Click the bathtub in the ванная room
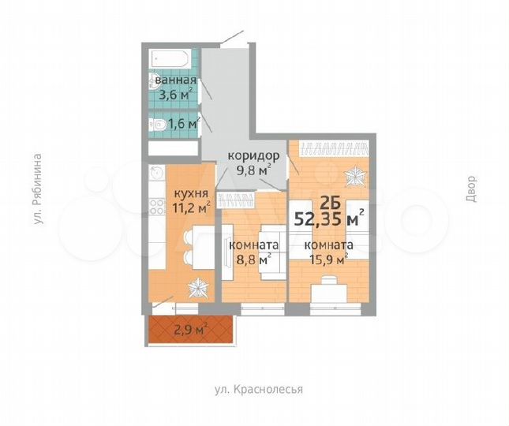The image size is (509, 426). pyautogui.click(x=168, y=59)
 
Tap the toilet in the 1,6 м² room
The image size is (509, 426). pyautogui.click(x=157, y=125)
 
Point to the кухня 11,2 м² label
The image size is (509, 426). pyautogui.click(x=191, y=200)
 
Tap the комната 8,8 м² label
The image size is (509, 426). pyautogui.click(x=252, y=250)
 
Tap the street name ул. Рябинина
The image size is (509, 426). pyautogui.click(x=37, y=192)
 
